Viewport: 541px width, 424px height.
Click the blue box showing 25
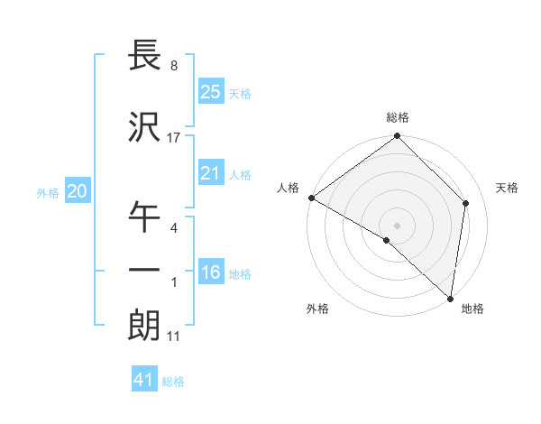coord(210,91)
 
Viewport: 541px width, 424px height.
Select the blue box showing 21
coord(210,173)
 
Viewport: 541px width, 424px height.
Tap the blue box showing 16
coord(210,272)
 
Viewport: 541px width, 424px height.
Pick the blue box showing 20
coord(77,191)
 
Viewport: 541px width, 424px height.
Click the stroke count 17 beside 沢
coord(174,138)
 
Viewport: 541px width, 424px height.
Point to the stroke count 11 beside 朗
coord(174,336)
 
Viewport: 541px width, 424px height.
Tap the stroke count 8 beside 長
coord(174,66)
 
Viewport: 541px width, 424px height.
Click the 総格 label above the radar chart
coord(398,118)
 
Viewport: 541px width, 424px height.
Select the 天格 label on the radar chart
coord(508,188)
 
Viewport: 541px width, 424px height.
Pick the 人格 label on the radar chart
coord(289,188)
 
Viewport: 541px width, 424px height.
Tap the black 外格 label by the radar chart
coord(317,309)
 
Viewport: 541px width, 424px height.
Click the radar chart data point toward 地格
coord(450,299)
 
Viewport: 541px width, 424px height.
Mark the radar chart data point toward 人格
coord(311,198)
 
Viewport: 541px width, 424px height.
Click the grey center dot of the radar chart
coord(398,225)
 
